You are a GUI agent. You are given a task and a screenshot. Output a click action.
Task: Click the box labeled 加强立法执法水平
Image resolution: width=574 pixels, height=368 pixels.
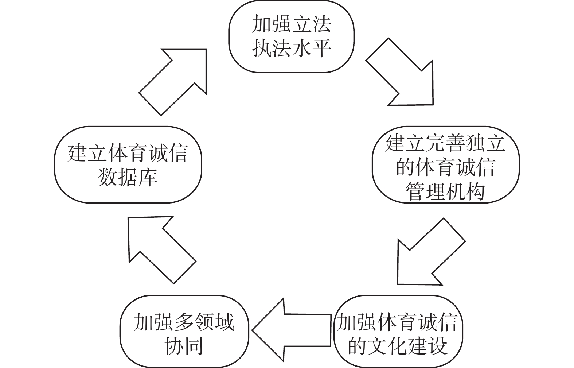click(x=291, y=36)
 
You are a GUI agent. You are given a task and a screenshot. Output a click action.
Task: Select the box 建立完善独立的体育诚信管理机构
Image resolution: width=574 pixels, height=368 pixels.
click(x=446, y=164)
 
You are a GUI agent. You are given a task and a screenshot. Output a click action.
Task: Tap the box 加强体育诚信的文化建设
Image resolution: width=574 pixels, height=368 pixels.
click(x=398, y=331)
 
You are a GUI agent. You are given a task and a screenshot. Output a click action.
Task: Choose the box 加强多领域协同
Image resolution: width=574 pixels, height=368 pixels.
click(x=184, y=331)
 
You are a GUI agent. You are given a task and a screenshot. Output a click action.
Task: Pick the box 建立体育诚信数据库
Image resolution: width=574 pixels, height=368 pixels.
click(x=128, y=164)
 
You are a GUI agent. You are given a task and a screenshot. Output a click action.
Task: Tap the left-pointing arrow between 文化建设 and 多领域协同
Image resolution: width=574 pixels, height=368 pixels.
click(x=291, y=330)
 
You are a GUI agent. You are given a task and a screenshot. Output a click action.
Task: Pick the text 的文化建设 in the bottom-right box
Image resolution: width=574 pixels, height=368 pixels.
click(x=398, y=345)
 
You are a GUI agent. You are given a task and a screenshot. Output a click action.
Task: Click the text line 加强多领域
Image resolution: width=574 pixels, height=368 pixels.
click(x=184, y=322)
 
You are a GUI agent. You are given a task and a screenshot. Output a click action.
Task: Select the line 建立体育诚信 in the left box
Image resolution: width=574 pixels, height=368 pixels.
click(x=128, y=153)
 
